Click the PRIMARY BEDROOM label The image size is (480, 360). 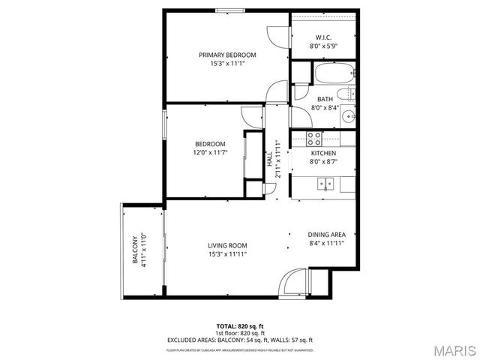[x=227, y=55]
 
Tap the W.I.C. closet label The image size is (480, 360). [x=324, y=37]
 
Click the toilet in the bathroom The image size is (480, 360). [x=346, y=94]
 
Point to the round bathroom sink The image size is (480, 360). [x=348, y=116]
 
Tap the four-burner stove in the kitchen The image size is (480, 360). [x=315, y=138]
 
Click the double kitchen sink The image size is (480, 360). [x=324, y=182]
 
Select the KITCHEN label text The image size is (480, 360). [x=324, y=153]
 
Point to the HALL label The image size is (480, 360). [x=269, y=159]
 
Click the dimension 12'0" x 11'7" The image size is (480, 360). [x=210, y=152]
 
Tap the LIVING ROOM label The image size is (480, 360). [x=227, y=245]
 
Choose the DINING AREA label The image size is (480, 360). [x=326, y=234]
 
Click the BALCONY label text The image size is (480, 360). [x=136, y=250]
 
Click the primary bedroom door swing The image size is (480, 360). [x=275, y=39]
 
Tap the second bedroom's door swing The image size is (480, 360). [x=250, y=116]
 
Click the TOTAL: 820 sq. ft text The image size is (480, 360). [x=240, y=326]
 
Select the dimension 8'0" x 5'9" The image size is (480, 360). [x=324, y=46]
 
